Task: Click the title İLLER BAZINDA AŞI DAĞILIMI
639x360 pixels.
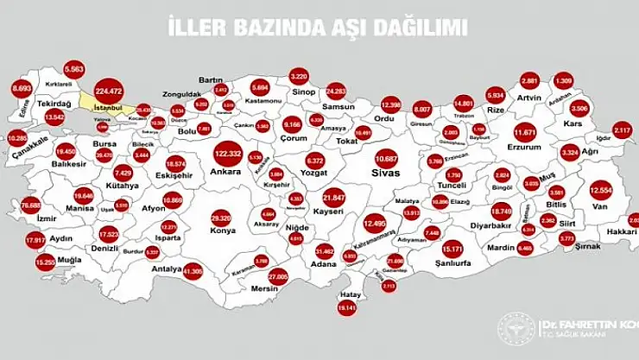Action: click(319, 27)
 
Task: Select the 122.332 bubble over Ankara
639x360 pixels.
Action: click(227, 154)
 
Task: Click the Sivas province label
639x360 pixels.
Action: click(386, 174)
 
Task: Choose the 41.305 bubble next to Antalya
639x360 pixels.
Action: click(193, 270)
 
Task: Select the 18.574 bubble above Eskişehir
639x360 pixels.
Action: click(175, 162)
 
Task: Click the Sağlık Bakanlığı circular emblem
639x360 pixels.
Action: click(516, 328)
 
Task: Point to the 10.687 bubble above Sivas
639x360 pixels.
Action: click(386, 159)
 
